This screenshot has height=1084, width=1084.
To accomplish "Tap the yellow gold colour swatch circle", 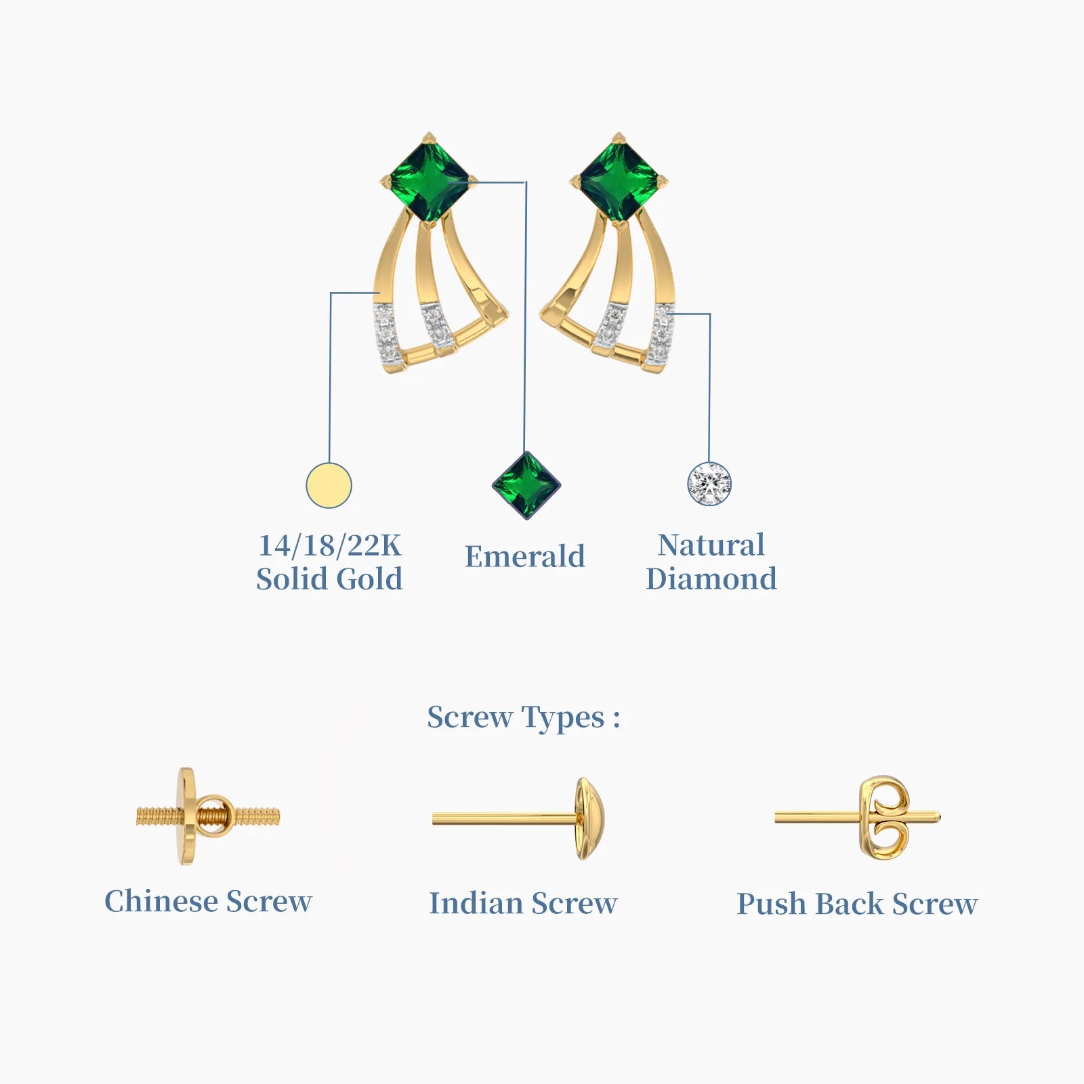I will coord(329,486).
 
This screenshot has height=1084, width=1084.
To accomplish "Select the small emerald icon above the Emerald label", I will coord(526,486).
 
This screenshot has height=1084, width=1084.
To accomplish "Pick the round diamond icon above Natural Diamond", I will coord(709,484).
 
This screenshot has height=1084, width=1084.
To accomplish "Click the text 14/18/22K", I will coord(330,545).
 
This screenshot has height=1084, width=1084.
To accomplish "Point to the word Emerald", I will coord(525,557).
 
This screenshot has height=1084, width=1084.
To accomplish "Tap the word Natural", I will coord(711,545).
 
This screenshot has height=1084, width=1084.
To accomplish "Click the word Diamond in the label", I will coord(711,579).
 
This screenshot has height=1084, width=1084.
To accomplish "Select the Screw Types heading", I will coord(524,717).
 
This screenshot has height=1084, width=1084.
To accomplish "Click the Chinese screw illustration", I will coord(208,816).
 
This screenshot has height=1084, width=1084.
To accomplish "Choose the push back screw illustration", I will coord(858,818).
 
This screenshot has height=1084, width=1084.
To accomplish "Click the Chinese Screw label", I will coord(208,902).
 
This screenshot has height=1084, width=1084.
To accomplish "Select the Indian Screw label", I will coord(523,903).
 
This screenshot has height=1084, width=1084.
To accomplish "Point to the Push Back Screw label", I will coord(857,904).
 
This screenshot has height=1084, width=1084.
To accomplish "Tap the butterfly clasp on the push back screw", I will coord(883,818).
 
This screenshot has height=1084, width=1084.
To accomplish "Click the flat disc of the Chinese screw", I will coord(185,816).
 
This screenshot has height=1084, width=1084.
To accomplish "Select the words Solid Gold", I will coord(330,579).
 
